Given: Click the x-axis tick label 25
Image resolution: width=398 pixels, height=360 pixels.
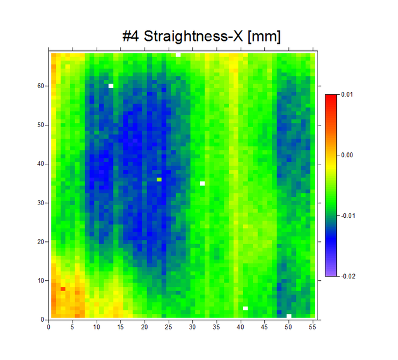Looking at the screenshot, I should click(169, 327).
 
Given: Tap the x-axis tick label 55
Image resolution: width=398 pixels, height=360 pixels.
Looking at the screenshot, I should click(313, 327).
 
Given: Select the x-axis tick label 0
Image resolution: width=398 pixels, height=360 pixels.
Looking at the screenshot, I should click(49, 327).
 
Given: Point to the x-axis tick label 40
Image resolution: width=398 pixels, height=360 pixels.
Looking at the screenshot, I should click(241, 327).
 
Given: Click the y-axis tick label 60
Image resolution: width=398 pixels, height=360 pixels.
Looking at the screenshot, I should click(41, 86).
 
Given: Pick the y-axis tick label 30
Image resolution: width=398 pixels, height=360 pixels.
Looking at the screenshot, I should click(41, 203).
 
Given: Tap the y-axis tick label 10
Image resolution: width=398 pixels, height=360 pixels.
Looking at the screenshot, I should click(41, 281).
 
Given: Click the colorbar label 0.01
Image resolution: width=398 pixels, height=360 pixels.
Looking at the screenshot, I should click(348, 94).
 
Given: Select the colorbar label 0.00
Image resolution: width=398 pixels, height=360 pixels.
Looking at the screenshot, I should click(348, 155).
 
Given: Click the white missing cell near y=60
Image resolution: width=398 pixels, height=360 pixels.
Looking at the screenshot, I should click(111, 86).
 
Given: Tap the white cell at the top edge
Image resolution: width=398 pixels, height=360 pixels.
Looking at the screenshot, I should click(178, 55).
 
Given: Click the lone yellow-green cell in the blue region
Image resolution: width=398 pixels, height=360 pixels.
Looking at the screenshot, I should click(159, 179).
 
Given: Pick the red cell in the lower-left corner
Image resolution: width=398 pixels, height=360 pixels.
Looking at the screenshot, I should click(63, 289).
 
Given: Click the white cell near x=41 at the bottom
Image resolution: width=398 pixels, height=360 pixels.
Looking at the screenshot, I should click(246, 308).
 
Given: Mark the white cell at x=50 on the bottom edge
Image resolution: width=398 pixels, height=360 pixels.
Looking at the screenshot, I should click(289, 316).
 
